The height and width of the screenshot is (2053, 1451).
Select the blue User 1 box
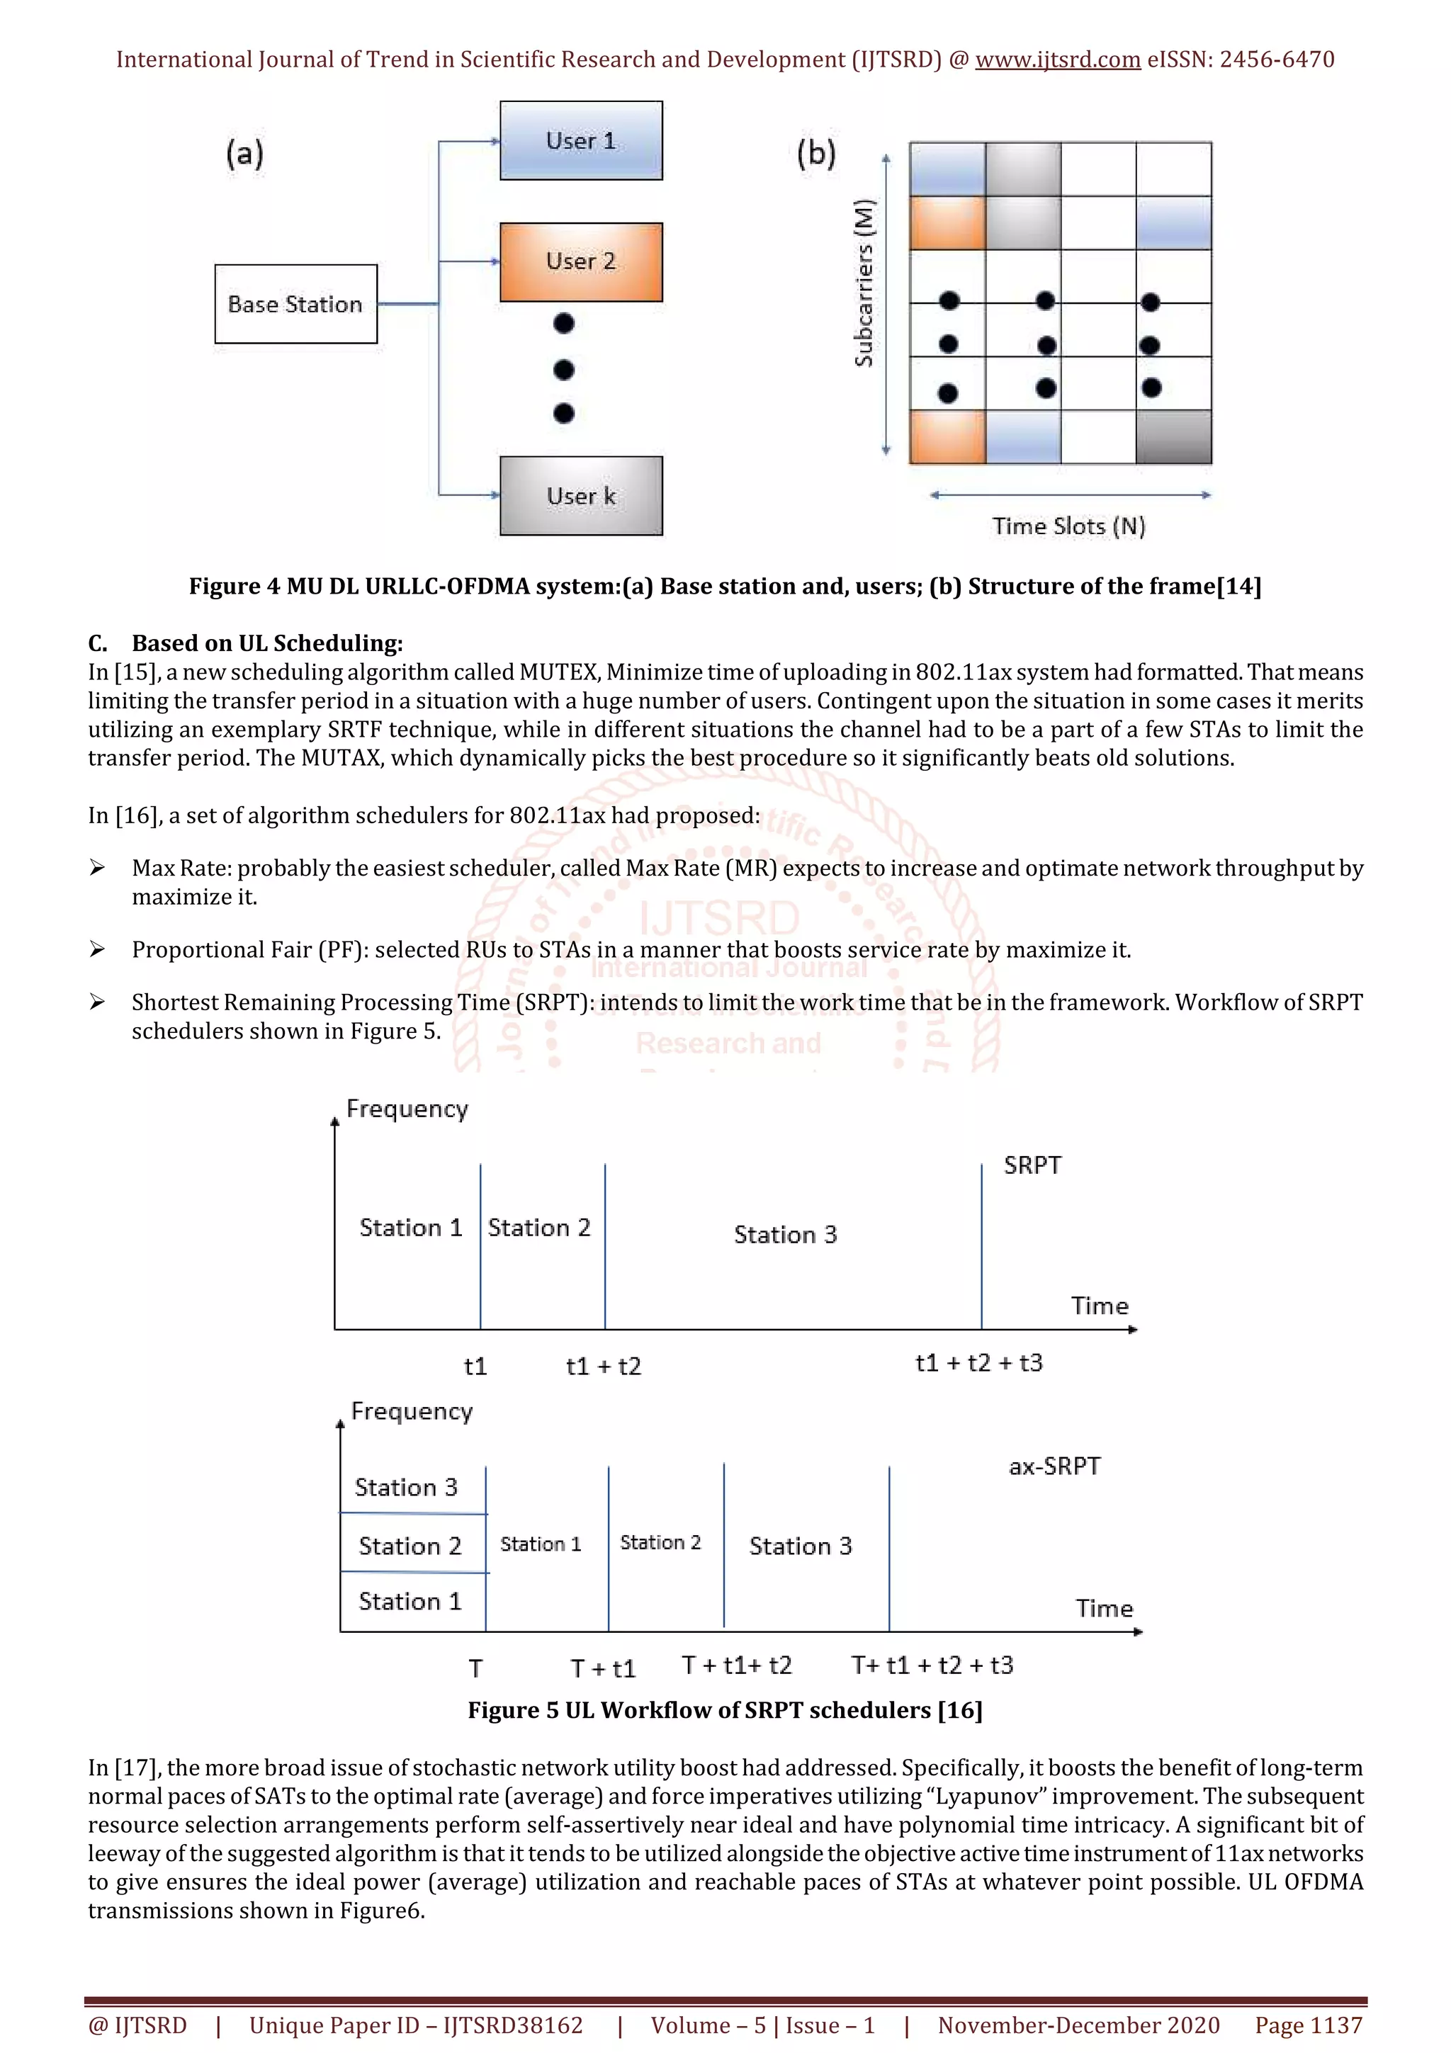pyautogui.click(x=581, y=140)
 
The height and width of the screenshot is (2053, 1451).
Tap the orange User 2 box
pyautogui.click(x=581, y=261)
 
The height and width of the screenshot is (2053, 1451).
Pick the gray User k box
pyautogui.click(x=581, y=495)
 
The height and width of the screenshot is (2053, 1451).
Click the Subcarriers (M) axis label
pyautogui.click(x=864, y=283)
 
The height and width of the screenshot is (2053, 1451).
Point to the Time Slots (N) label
pyautogui.click(x=1068, y=526)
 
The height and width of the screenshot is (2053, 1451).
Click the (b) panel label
pyautogui.click(x=816, y=153)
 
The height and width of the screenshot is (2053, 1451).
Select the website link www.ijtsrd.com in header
pyautogui.click(x=1058, y=60)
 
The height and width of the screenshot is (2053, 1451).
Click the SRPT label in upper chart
pyautogui.click(x=1032, y=1165)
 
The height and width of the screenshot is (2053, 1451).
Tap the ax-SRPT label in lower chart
pyautogui.click(x=1054, y=1466)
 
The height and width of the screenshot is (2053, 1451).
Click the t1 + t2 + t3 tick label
pyautogui.click(x=979, y=1363)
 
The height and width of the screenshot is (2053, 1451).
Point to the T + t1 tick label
pyautogui.click(x=604, y=1668)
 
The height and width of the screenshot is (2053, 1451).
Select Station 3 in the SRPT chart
pyautogui.click(x=785, y=1235)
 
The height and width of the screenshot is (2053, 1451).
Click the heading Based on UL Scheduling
pyautogui.click(x=267, y=643)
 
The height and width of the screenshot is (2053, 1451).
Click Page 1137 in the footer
pyautogui.click(x=1308, y=2025)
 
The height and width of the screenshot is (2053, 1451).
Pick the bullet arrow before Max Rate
pyautogui.click(x=98, y=869)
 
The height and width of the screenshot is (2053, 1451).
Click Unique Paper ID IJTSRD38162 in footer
pyautogui.click(x=416, y=2025)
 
